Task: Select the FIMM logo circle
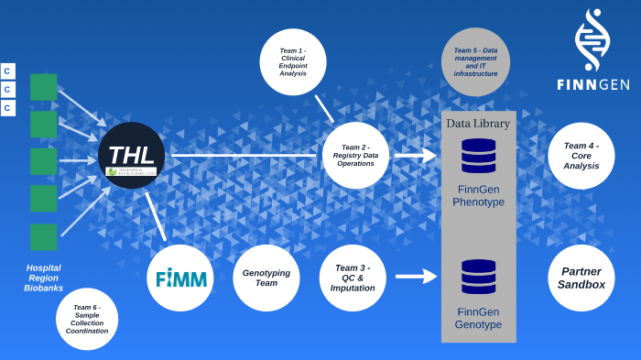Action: coord(180,278)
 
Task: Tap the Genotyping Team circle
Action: coord(266,278)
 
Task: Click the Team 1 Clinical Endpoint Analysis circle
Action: coord(293,60)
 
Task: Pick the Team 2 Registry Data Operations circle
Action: coord(355,155)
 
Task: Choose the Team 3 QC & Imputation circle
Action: coord(353,278)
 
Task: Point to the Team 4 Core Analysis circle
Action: coord(581,156)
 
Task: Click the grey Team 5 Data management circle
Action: coord(475,61)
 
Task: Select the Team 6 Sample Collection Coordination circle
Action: coord(87,319)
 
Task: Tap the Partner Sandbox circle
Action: coord(581,278)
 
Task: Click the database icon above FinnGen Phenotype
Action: coord(478,156)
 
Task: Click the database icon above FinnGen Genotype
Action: coord(478,277)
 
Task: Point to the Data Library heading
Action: coord(478,124)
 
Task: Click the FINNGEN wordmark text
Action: coord(592,84)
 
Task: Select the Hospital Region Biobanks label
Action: coord(43,278)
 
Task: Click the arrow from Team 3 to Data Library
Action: coord(416,275)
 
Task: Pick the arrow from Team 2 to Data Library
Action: coord(415,156)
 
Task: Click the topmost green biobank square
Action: coord(43,87)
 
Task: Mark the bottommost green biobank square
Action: coord(43,236)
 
